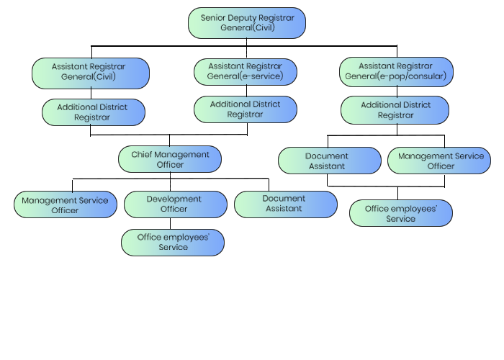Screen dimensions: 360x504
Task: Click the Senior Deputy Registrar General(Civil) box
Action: point(246,23)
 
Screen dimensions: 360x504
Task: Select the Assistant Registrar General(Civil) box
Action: point(91,73)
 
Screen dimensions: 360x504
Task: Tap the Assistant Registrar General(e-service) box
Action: point(246,71)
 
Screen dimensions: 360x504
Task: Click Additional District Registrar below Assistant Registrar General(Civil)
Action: point(93,113)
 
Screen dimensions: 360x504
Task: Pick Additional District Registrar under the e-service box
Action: point(246,109)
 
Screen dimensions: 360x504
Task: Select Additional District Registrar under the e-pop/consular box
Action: point(395,110)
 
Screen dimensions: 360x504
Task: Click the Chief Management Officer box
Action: point(170,159)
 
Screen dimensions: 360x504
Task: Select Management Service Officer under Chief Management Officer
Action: point(66,205)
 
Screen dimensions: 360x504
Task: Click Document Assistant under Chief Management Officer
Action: point(285,204)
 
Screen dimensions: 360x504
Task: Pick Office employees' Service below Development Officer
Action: point(172,243)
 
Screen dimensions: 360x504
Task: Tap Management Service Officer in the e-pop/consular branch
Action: point(440,161)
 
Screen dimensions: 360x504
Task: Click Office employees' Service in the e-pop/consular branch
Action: point(401,213)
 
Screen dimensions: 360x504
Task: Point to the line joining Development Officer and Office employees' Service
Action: point(171,224)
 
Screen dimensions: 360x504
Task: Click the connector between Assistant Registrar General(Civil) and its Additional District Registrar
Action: point(91,94)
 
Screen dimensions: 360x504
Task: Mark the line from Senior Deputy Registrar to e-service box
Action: point(246,48)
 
